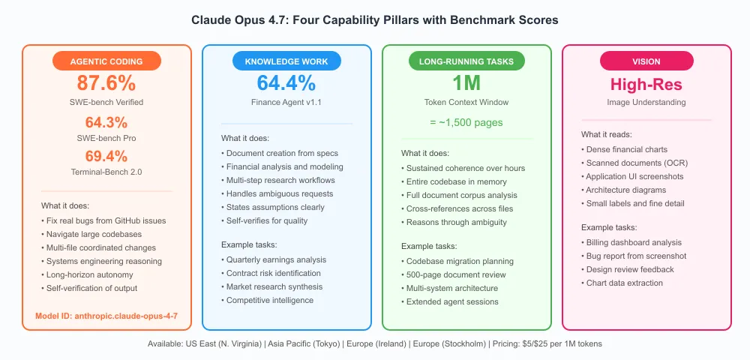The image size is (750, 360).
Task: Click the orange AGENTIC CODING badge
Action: coord(106,61)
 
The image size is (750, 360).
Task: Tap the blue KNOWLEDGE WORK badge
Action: coord(286,61)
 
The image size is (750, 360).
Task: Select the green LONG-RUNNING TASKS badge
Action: coord(466,61)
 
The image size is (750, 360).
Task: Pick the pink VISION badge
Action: coord(646,61)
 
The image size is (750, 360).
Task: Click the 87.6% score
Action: coord(106,83)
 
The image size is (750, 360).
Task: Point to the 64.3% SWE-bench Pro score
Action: coord(106,122)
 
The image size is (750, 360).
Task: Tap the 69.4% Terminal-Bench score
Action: coord(106,156)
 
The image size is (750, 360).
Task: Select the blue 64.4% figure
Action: coord(286,83)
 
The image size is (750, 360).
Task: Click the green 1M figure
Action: coord(466,83)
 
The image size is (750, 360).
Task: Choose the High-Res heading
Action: coord(646,85)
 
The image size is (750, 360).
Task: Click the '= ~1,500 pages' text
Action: coord(466,122)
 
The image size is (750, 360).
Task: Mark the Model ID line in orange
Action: coord(106,316)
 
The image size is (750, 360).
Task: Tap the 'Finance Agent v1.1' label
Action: coord(286,102)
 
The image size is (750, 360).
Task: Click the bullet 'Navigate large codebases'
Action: coord(94,234)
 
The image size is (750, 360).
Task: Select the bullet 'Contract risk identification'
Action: coord(271,273)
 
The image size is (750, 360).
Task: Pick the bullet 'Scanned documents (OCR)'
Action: coord(634,163)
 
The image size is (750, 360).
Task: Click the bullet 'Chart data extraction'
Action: coord(622,283)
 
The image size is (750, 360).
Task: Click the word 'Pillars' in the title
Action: coord(415,20)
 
